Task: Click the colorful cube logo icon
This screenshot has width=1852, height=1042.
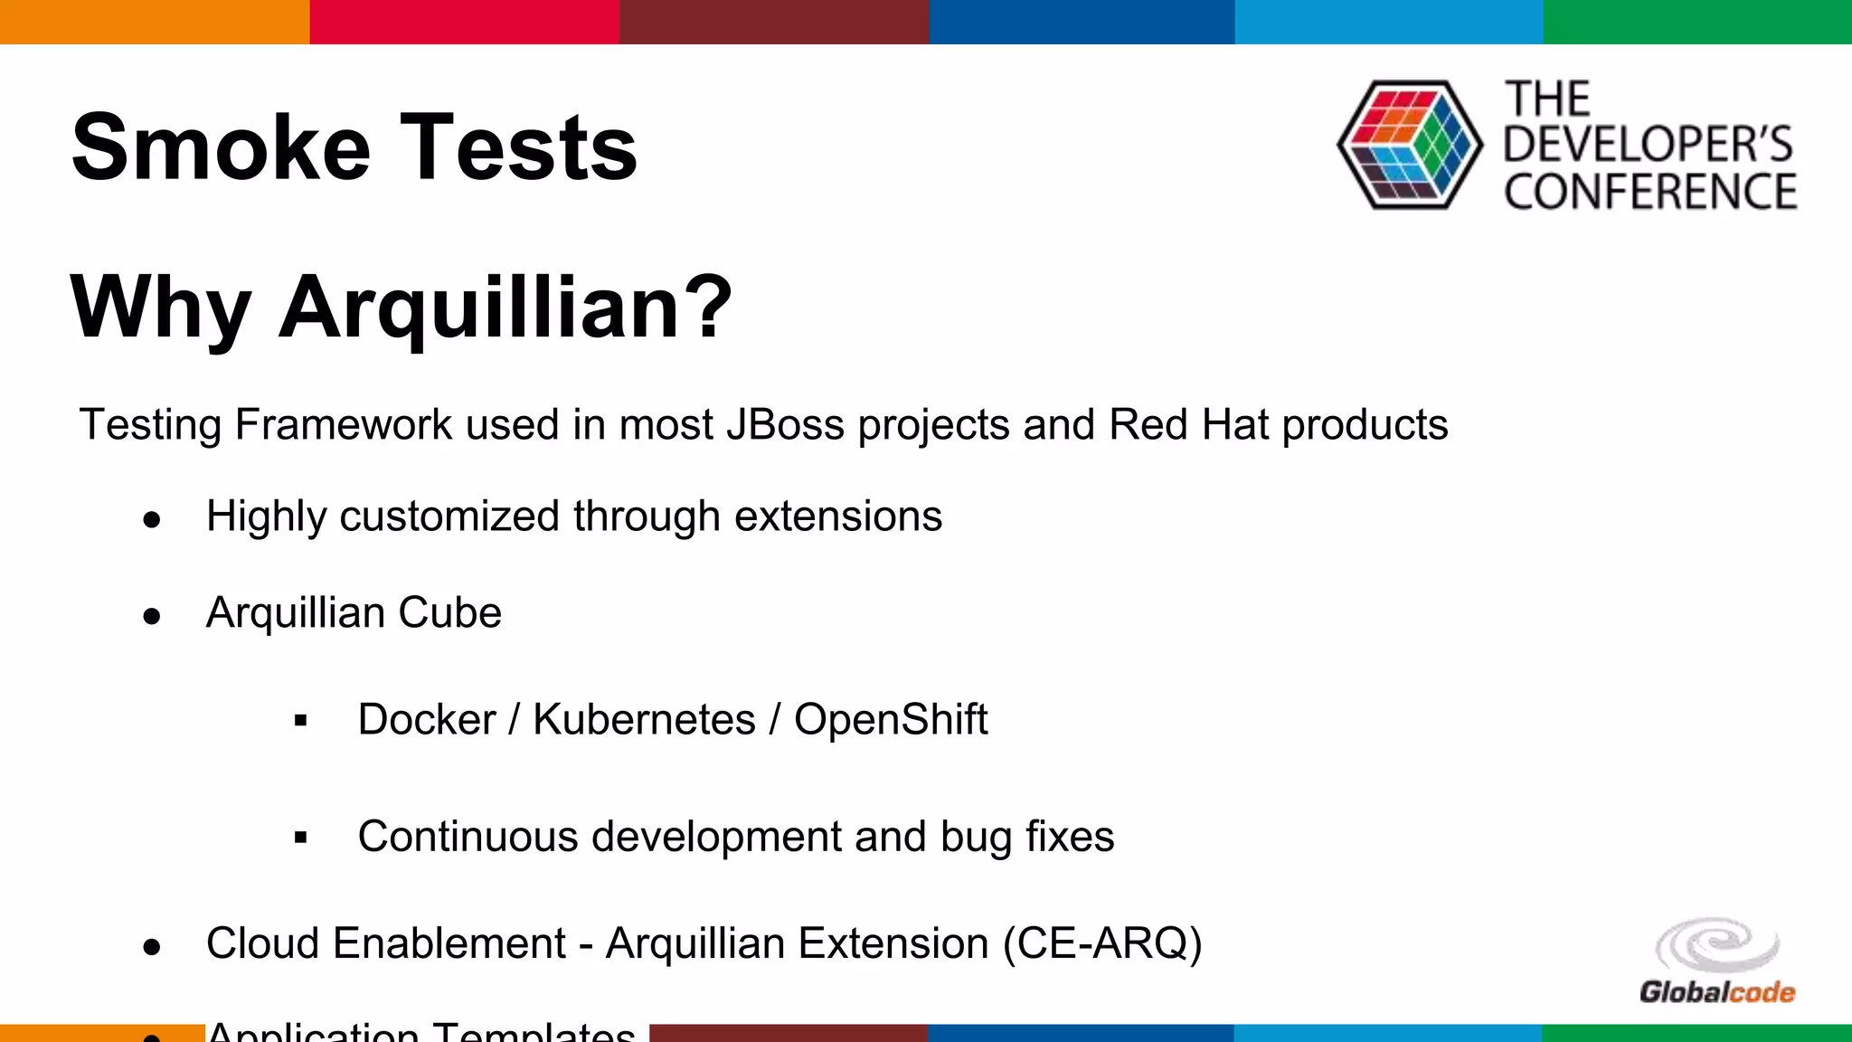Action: [1409, 145]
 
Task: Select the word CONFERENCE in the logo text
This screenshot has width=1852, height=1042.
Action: [1650, 192]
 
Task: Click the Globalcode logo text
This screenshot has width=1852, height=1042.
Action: [1716, 992]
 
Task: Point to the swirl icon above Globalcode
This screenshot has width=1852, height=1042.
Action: [1716, 945]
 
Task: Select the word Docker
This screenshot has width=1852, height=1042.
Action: [427, 720]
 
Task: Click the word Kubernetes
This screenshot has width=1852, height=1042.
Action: [644, 720]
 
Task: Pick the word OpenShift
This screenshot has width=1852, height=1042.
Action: [890, 720]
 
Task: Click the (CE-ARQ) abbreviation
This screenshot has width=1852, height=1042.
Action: [1102, 943]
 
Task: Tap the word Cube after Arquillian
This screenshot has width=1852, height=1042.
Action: [449, 613]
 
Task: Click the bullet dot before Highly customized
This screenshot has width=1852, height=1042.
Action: [152, 519]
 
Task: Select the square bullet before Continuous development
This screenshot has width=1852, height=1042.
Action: [301, 838]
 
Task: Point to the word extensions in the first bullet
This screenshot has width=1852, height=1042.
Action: [837, 516]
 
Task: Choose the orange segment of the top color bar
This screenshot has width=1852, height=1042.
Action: [154, 22]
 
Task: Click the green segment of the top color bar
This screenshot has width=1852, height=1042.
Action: [1696, 22]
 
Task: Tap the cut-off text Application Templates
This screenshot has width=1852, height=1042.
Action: [420, 1031]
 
